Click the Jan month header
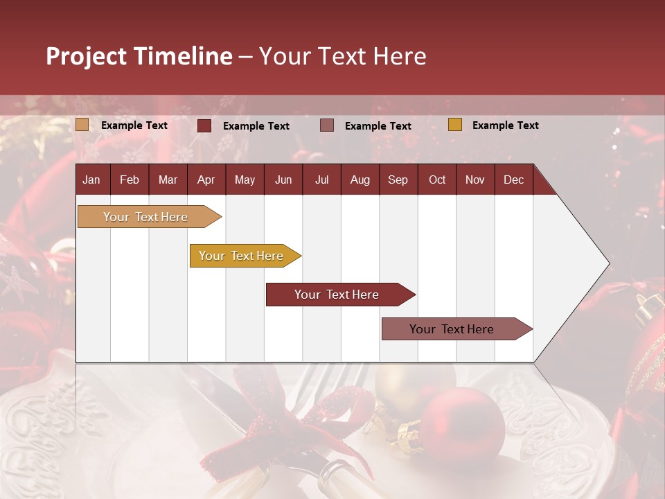(91, 180)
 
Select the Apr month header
(206, 180)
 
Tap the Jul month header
(321, 180)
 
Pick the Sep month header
(398, 180)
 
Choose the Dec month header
(513, 180)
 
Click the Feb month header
(130, 180)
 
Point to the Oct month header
(436, 180)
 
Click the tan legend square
(82, 125)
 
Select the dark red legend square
(204, 125)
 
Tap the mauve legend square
(327, 125)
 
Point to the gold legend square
(454, 125)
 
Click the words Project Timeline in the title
(139, 56)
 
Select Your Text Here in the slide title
(343, 56)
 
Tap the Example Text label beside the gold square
(505, 125)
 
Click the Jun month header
(283, 180)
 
